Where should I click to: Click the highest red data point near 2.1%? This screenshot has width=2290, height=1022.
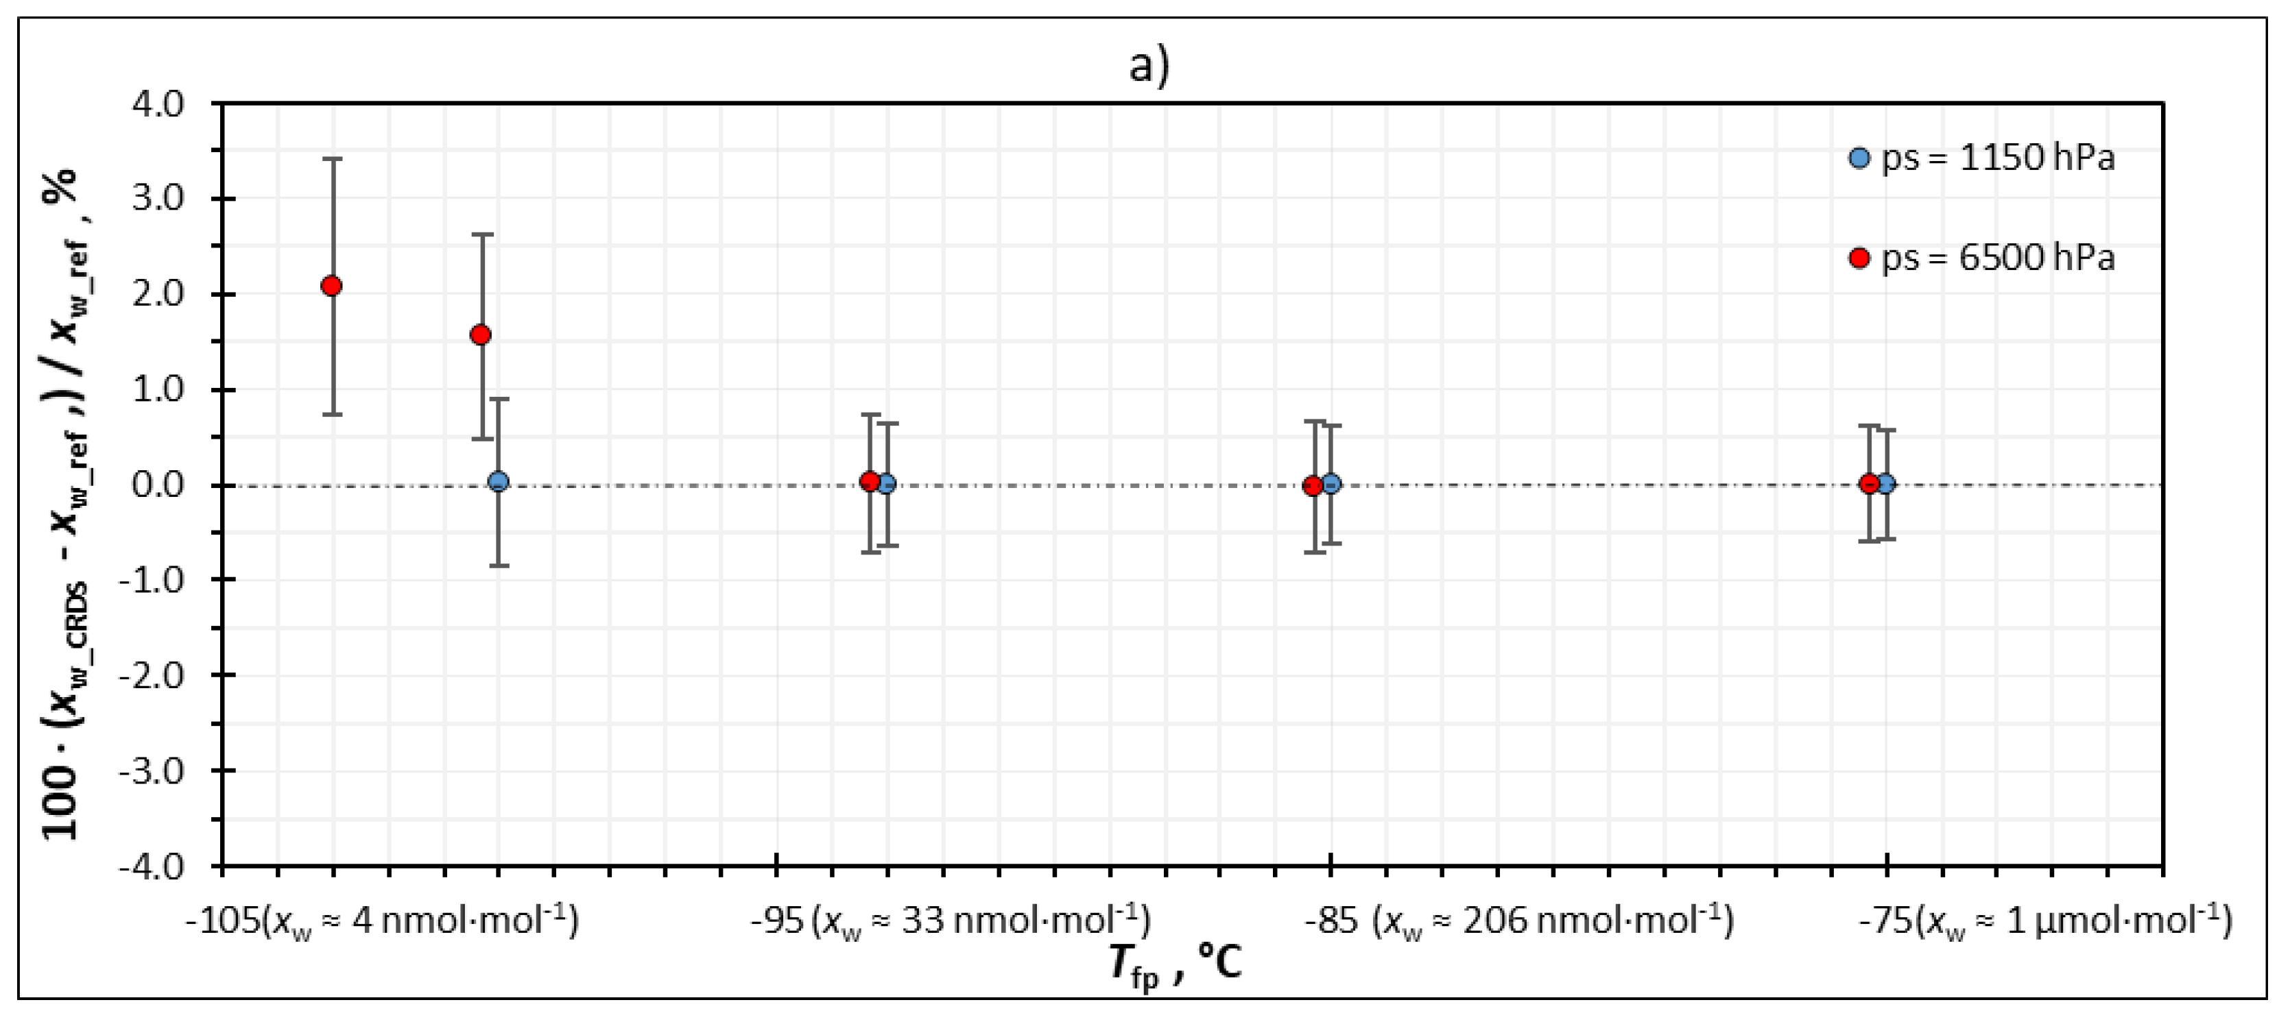[331, 285]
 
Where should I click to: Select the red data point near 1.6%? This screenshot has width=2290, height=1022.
[481, 335]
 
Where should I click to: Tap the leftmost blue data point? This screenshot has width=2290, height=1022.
[499, 482]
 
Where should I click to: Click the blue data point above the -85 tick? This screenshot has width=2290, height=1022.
[1331, 485]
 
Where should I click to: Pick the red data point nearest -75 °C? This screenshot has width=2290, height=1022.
[1869, 485]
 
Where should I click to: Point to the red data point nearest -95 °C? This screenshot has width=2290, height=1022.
[870, 482]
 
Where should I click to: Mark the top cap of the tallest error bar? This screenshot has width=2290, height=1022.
[333, 159]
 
